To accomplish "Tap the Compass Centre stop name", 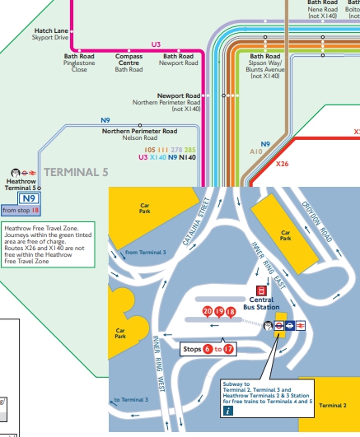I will (x=129, y=59).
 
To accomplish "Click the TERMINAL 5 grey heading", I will (x=76, y=173).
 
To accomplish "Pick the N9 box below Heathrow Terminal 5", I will (x=28, y=198).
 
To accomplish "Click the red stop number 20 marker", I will (x=208, y=311).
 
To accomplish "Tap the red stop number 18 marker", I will (x=231, y=311).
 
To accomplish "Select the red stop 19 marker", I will (x=219, y=311).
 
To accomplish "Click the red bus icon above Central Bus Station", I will (x=261, y=290).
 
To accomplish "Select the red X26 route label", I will (x=282, y=164).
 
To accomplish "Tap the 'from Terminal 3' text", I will (x=145, y=252).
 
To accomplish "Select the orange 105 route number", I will (x=150, y=149).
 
